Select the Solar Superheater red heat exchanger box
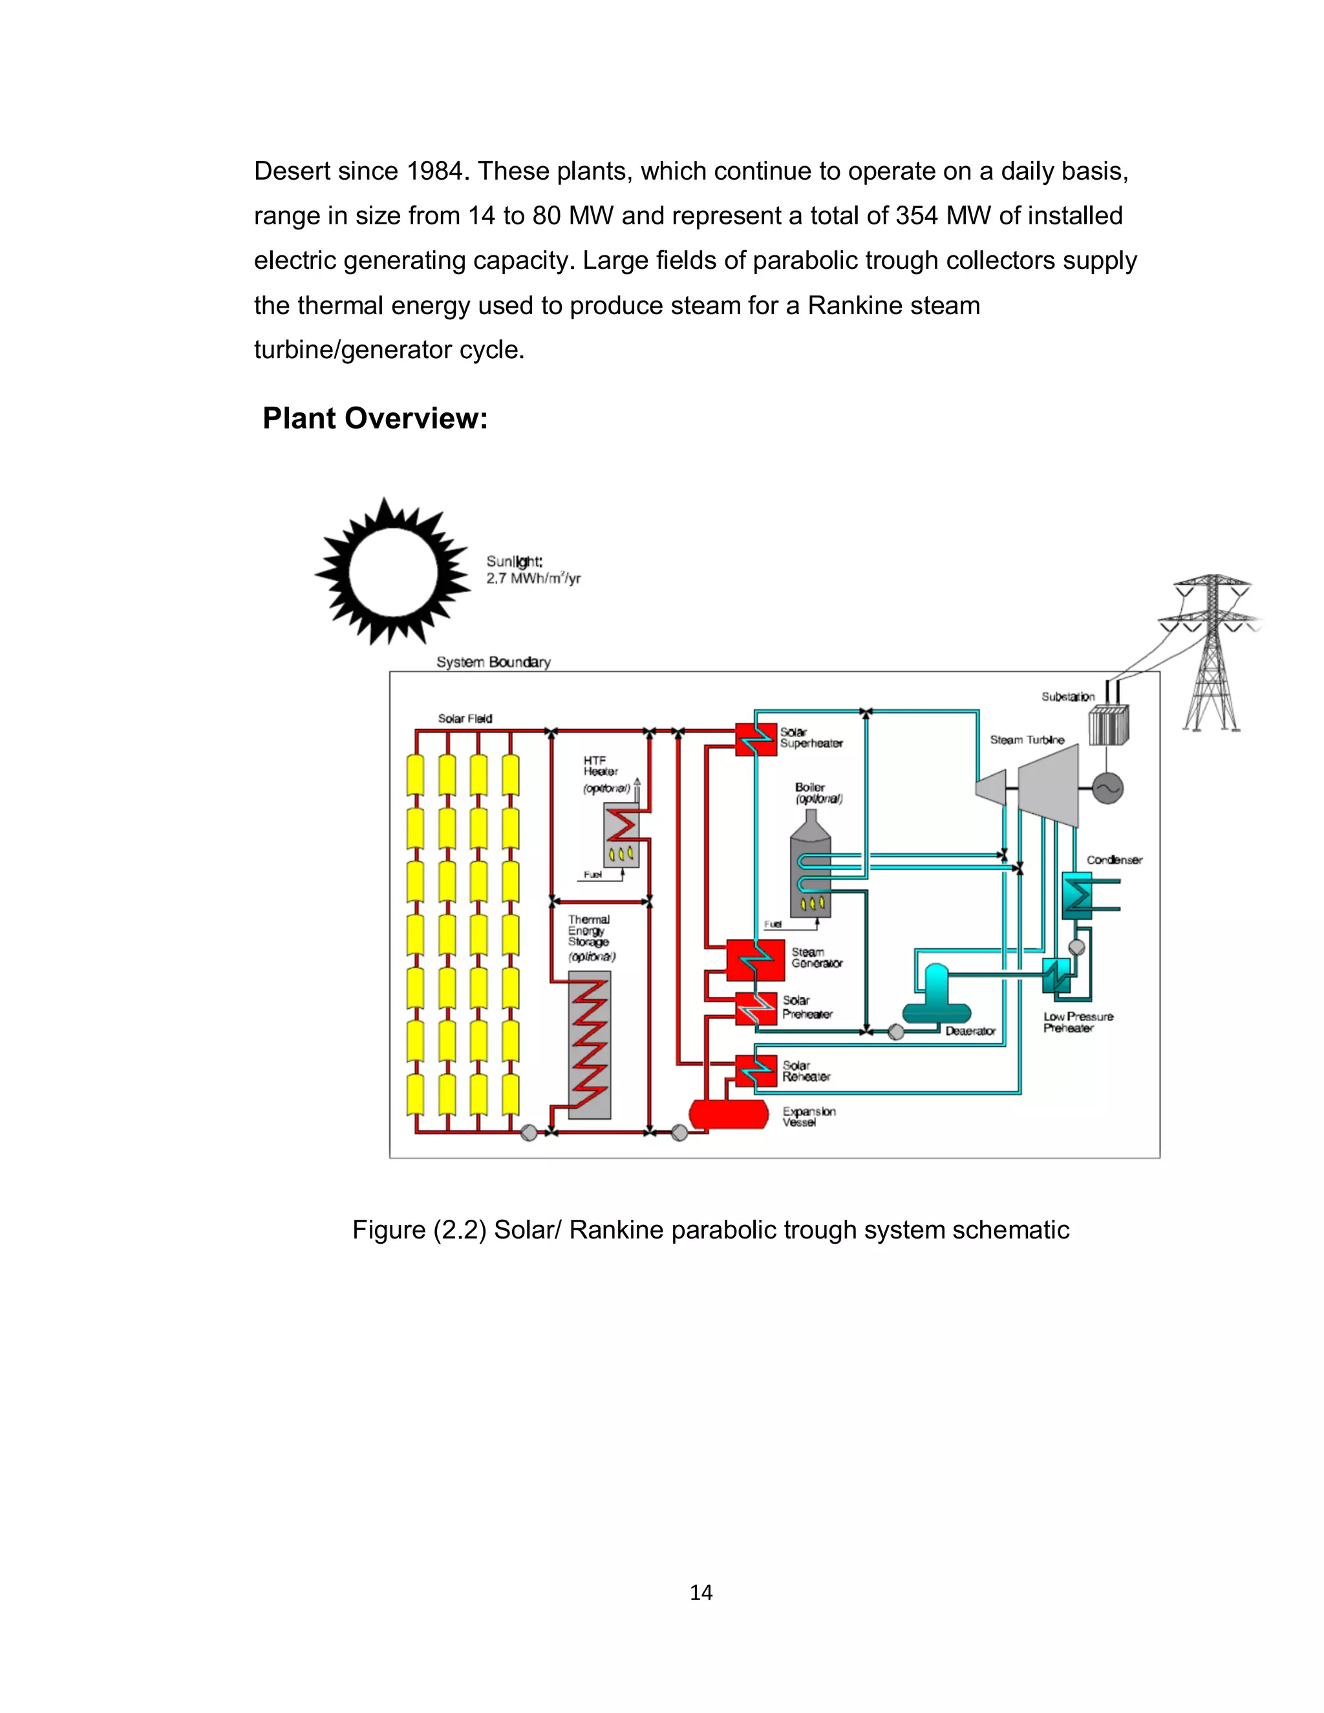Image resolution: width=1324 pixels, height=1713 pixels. [x=755, y=739]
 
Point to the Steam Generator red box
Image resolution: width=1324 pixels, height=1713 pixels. [x=754, y=959]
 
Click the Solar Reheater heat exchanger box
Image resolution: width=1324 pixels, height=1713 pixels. [x=755, y=1070]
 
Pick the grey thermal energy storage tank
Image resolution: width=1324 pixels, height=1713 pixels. [x=589, y=1045]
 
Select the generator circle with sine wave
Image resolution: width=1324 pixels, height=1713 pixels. [x=1107, y=788]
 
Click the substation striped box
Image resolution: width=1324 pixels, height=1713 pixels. [x=1108, y=725]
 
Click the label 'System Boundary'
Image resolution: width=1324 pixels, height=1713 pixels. [x=493, y=662]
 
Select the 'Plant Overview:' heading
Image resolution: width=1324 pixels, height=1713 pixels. [x=375, y=418]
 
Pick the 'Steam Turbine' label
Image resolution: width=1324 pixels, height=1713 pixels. [x=1027, y=739]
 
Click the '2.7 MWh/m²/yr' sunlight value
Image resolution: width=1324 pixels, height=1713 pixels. [x=533, y=579]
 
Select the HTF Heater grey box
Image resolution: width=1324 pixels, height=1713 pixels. [x=621, y=837]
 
